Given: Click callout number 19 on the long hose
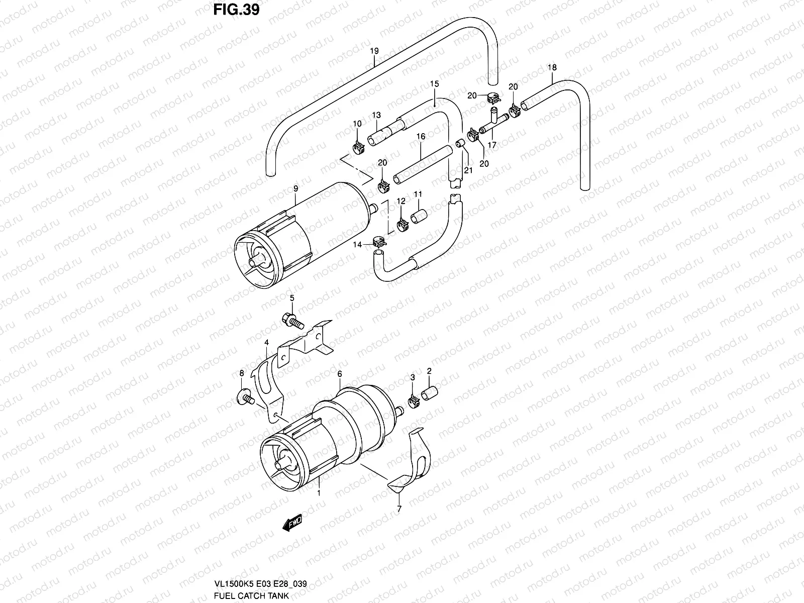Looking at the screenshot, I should [374, 51].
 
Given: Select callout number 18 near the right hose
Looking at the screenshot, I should [552, 67].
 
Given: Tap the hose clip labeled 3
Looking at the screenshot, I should [414, 401].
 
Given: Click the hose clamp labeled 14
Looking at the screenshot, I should [379, 242].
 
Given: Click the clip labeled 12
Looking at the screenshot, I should [402, 225].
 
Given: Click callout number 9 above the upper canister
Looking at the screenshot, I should [296, 188].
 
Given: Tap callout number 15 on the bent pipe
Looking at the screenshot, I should [434, 83].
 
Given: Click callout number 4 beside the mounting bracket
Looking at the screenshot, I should [266, 342].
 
